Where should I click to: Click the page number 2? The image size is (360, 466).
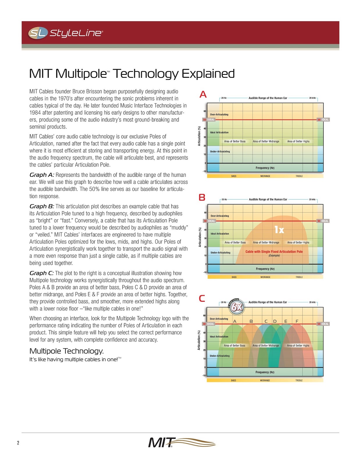pos(18,443)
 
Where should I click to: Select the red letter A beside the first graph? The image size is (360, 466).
pos(203,94)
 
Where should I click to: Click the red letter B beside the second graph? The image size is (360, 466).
pos(202,197)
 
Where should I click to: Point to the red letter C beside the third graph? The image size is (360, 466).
pos(202,299)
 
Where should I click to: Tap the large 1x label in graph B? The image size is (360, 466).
pos(279,230)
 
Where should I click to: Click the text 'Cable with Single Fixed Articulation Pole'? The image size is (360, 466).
pos(274,252)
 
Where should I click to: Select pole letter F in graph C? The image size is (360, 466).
pos(297,321)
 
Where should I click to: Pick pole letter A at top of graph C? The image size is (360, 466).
pos(235,321)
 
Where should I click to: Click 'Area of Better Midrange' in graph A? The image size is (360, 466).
pos(266,142)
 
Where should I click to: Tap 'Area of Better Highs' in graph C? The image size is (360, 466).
pos(298,346)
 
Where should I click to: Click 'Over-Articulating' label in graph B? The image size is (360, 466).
pos(220,216)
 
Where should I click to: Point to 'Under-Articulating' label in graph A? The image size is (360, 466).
pos(220,151)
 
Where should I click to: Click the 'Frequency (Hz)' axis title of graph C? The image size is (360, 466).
pos(265,372)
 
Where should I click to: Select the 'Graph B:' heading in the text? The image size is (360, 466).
pos(42,206)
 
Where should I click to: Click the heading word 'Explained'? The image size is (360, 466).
pos(208,74)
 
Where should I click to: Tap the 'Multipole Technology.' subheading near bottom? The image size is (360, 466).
pos(67,351)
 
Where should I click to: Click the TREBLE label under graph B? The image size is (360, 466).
pos(299,277)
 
